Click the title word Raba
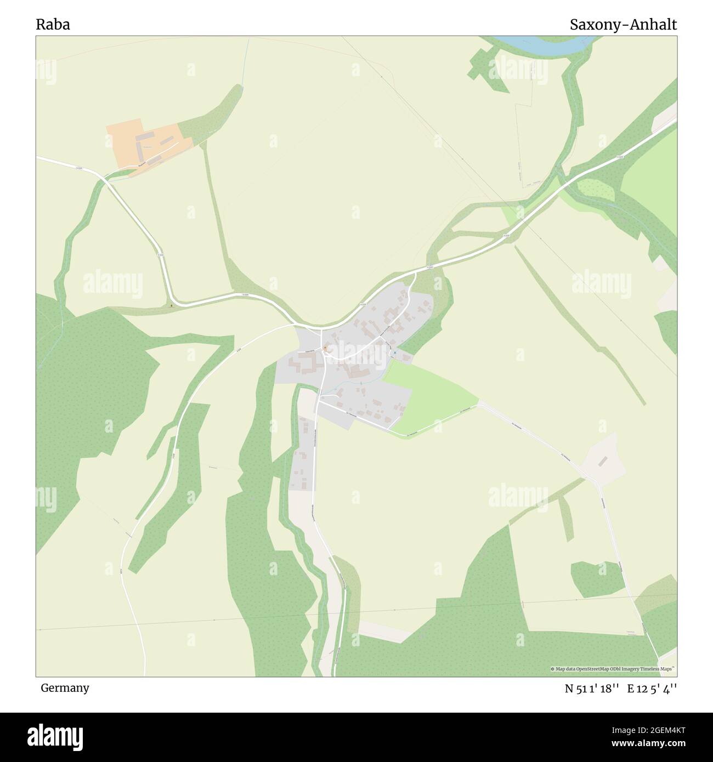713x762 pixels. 53,25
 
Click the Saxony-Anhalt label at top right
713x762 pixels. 623,25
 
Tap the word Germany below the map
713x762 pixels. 65,687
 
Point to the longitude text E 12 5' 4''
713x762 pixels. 652,689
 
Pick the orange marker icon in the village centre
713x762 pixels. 325,348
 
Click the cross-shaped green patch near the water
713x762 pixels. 483,63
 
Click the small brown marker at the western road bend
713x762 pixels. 172,305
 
